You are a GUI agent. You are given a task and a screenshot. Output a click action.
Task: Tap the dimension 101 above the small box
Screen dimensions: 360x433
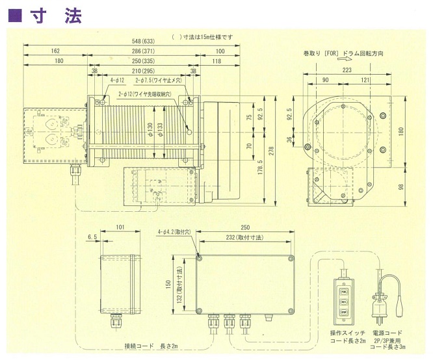(x=120, y=228)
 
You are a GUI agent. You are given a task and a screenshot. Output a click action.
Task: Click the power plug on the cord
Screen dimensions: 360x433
(x=379, y=303)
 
